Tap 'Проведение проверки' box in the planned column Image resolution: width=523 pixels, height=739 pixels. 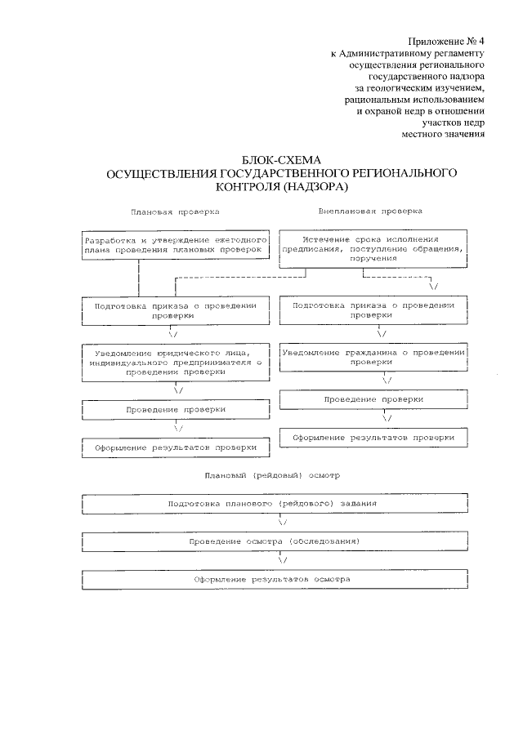(176, 409)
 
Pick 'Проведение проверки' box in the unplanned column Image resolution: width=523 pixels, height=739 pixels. (373, 399)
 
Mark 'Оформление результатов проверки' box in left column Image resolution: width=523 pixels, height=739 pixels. (176, 447)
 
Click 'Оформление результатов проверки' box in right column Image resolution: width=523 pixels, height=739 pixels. (373, 437)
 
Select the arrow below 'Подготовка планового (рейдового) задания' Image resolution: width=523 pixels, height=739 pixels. (281, 522)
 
